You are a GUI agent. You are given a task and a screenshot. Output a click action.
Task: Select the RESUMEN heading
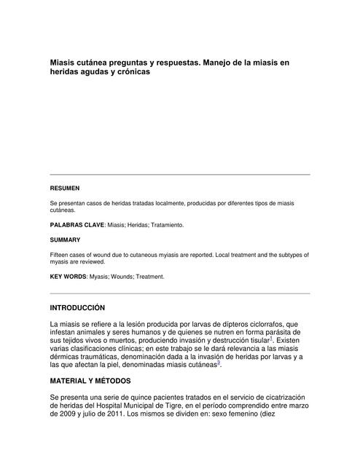(64, 188)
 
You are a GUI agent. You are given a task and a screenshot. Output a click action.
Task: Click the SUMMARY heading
(65, 240)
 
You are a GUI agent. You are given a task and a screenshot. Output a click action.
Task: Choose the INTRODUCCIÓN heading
(77, 308)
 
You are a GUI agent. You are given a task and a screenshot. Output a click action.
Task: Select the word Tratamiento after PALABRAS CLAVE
(167, 225)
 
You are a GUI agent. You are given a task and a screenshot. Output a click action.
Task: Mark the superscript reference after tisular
(271, 338)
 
